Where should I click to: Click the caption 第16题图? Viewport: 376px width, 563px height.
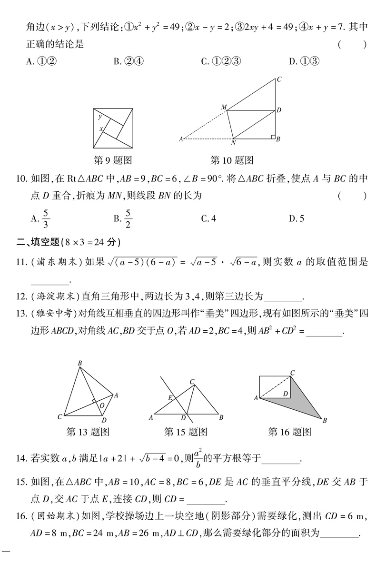point(290,432)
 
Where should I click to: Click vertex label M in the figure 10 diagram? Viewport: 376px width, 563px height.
point(223,107)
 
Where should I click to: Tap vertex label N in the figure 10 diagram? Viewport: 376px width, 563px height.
point(233,143)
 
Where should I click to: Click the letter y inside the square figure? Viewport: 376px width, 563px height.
point(100,116)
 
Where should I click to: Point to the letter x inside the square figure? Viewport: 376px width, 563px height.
point(100,128)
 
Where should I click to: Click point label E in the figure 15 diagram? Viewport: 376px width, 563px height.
point(170,398)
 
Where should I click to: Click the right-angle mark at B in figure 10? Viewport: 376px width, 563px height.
point(273,137)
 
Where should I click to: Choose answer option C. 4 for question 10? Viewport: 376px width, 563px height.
point(208,218)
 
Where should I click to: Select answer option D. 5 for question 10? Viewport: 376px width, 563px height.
point(296,218)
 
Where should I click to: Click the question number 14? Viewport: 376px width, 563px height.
point(20,459)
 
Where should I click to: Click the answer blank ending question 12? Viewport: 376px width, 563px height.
point(283,297)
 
